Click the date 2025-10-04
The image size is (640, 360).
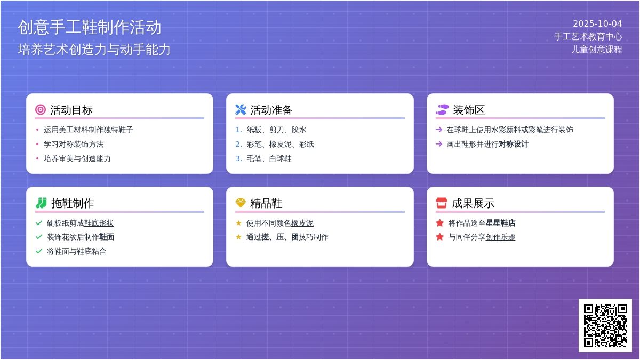click(597, 23)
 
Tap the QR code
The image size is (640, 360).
click(605, 325)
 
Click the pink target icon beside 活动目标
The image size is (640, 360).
click(41, 110)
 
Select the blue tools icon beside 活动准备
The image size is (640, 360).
click(241, 110)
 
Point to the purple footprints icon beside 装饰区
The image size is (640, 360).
click(442, 110)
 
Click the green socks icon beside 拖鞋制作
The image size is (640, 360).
click(42, 203)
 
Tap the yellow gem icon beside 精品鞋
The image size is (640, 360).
click(241, 203)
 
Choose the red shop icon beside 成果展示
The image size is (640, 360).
click(442, 203)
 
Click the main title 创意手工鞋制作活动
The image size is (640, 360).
click(90, 27)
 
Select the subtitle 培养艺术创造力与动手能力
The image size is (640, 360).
click(94, 50)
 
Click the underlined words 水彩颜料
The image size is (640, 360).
click(506, 130)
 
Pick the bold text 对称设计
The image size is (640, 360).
click(514, 145)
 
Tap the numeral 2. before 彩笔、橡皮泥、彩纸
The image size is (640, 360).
click(239, 145)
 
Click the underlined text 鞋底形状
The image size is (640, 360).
click(99, 223)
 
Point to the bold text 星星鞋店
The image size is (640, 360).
click(501, 223)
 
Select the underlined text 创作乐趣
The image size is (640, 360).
click(500, 237)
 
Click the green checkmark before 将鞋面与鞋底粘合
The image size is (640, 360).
click(39, 251)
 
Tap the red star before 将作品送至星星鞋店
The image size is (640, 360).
click(439, 223)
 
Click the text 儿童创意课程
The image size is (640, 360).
click(597, 50)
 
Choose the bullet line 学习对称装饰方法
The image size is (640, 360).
click(74, 145)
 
